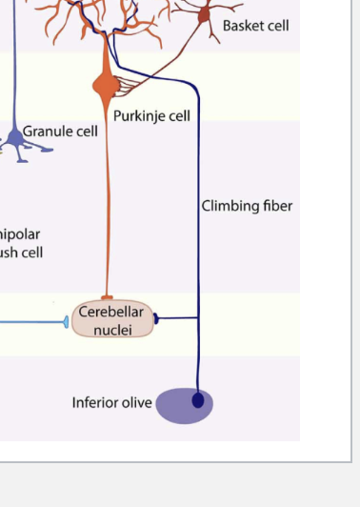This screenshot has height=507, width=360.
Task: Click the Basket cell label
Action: [x=255, y=26]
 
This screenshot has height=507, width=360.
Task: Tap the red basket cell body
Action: [x=204, y=14]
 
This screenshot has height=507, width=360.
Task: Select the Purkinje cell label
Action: [x=151, y=116]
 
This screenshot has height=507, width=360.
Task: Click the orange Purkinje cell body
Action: [x=105, y=86]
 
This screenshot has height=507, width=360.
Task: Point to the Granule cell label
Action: [x=60, y=132]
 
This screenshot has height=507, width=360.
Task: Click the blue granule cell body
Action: [x=16, y=138]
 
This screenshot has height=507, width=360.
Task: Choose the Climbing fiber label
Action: [x=247, y=206]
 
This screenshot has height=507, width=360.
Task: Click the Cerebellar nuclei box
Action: [x=112, y=320]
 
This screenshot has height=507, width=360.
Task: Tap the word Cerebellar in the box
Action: [x=111, y=312]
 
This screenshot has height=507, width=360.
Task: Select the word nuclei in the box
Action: [x=112, y=330]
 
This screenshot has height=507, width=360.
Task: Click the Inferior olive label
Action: [x=111, y=403]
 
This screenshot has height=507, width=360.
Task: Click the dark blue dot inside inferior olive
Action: [x=198, y=401]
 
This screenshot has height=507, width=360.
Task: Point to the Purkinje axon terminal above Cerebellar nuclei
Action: [x=107, y=298]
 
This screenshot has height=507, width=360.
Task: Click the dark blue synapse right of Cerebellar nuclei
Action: [x=156, y=319]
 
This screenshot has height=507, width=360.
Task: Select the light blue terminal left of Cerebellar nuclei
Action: [x=67, y=322]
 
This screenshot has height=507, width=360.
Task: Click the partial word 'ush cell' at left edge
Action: [x=21, y=253]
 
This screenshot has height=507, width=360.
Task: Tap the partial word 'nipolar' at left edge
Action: [x=20, y=233]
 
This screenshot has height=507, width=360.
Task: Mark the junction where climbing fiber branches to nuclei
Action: [x=198, y=318]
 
